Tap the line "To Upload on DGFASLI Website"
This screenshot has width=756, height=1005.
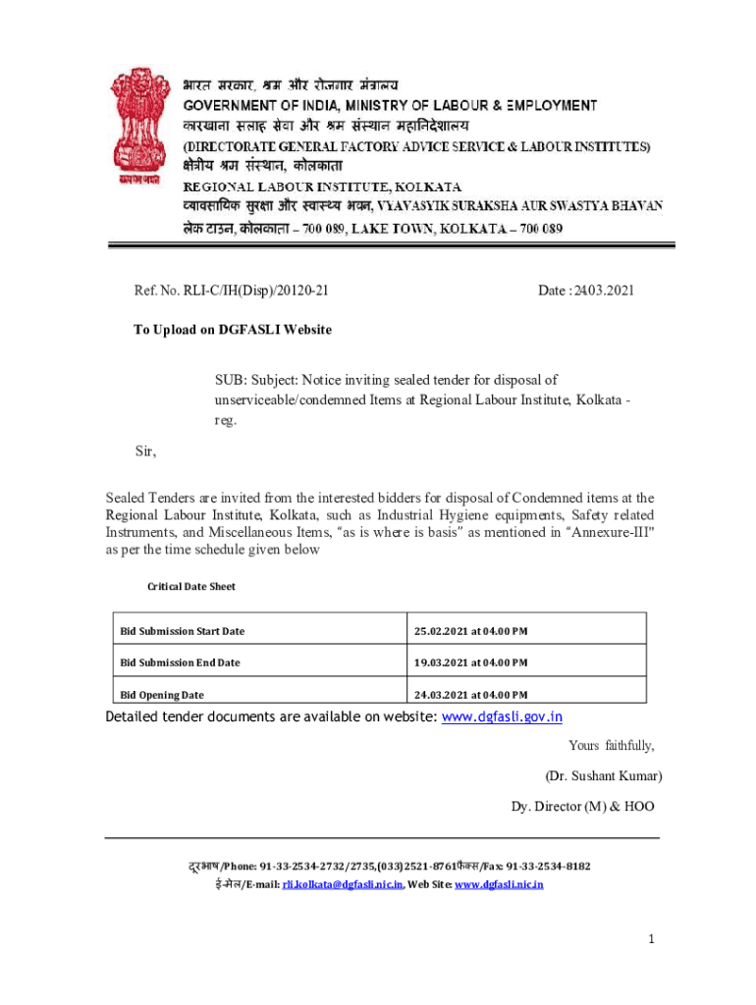[233, 330]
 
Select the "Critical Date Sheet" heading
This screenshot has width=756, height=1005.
[191, 586]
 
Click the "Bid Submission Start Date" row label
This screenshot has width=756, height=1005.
[183, 630]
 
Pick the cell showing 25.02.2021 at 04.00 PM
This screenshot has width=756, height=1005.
[471, 630]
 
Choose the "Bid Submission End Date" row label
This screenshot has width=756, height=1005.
[180, 662]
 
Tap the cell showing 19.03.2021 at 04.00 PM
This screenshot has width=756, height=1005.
[471, 662]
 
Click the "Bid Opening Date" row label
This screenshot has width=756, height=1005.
[163, 695]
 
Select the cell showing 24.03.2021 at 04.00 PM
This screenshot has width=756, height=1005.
[471, 695]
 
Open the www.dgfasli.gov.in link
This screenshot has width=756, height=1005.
[503, 717]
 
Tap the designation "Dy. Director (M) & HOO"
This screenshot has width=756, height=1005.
[582, 807]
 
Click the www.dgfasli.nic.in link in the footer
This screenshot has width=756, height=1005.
[498, 884]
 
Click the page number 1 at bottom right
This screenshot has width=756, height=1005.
[650, 940]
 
